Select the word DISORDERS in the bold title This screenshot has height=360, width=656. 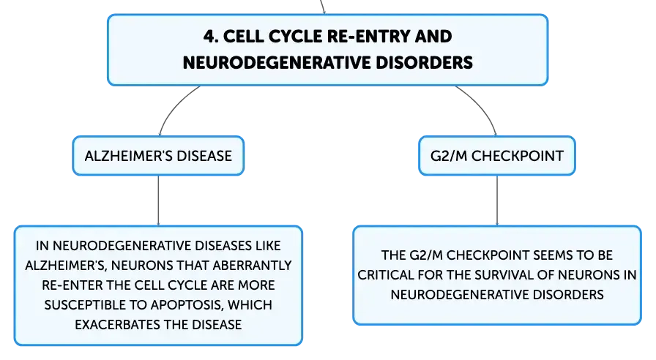pos(424,63)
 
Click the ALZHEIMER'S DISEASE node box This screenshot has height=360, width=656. pos(158,156)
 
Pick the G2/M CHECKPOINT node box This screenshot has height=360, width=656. pos(497,156)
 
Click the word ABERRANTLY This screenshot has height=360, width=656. pos(253,266)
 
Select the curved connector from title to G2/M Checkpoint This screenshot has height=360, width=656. pos(482,105)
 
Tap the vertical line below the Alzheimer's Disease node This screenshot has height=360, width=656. pos(159,200)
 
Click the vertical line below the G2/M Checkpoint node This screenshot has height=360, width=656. pos(497,200)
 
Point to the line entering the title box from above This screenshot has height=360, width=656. pos(323,7)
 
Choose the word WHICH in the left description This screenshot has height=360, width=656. pos(250,305)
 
